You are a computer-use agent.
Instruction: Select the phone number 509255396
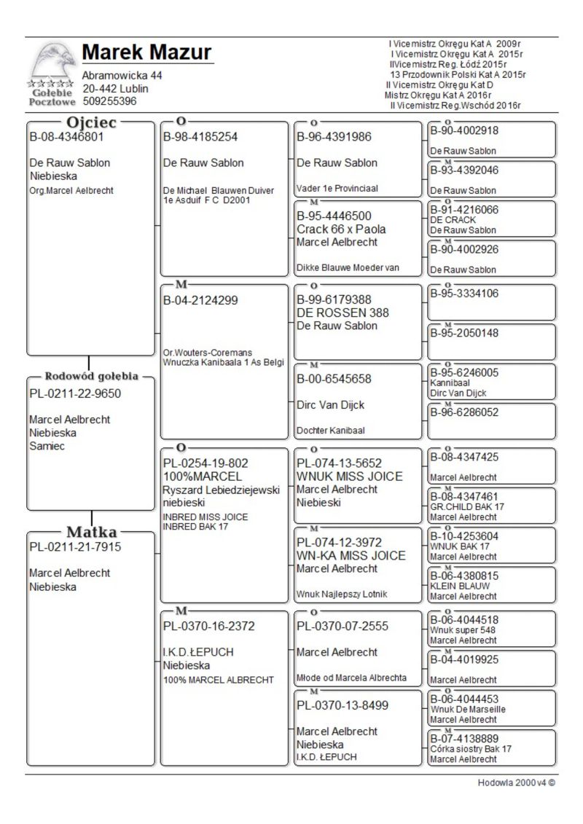click(x=109, y=101)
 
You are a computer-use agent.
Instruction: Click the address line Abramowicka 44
click(x=122, y=76)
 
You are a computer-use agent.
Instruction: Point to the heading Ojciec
click(x=93, y=122)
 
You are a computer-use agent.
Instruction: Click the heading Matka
click(x=93, y=532)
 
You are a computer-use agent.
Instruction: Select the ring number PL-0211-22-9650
click(x=75, y=394)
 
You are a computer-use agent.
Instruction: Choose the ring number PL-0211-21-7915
click(x=75, y=546)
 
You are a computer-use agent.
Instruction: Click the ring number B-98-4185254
click(x=200, y=136)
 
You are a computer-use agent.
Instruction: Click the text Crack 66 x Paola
click(x=341, y=229)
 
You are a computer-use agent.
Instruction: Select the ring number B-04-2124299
click(x=200, y=299)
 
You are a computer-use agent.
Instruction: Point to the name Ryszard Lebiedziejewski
click(x=222, y=490)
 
